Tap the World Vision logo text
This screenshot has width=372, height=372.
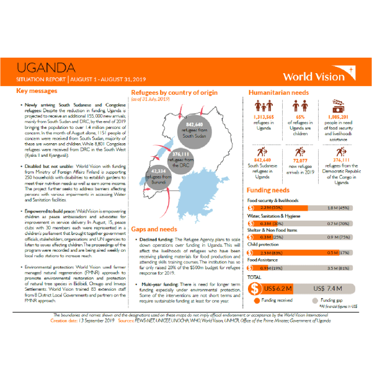pos(314,77)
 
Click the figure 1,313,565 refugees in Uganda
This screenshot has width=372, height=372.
pos(263,117)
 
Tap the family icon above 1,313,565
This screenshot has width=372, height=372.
pos(263,105)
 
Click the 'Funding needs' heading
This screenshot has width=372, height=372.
pos(267,190)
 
